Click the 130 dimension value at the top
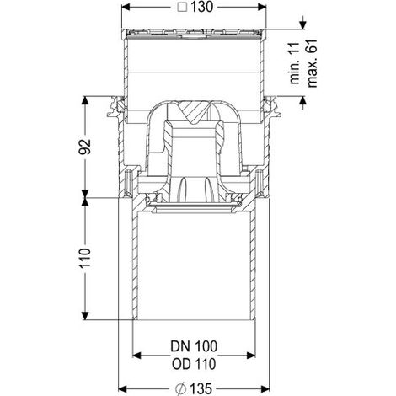click(x=201, y=7)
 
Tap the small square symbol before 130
click(x=183, y=7)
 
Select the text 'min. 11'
click(x=295, y=63)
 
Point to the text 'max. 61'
click(x=312, y=63)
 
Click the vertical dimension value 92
click(x=85, y=147)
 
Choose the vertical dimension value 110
click(x=85, y=258)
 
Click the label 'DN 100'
click(x=194, y=346)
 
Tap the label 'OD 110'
click(x=194, y=364)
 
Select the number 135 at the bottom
click(x=201, y=389)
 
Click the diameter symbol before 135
click(x=181, y=389)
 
